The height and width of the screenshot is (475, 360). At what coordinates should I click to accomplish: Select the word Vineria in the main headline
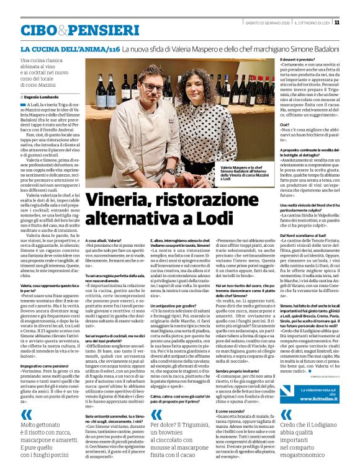coord(121,200)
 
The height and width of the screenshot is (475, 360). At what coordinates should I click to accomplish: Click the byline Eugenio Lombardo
coord(43,97)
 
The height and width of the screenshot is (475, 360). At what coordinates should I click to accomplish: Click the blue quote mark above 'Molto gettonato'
coord(26,415)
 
